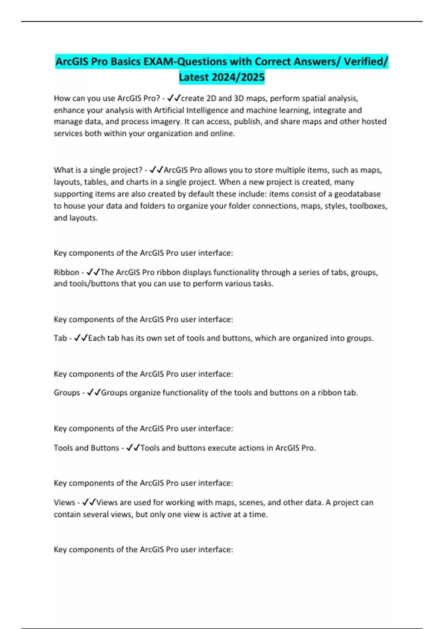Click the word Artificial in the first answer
pyautogui.click(x=169, y=110)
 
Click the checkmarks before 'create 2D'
pyautogui.click(x=174, y=98)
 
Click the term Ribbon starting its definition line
pyautogui.click(x=67, y=272)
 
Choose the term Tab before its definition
pyautogui.click(x=60, y=338)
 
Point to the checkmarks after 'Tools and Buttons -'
pyautogui.click(x=133, y=448)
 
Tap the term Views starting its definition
pyautogui.click(x=64, y=502)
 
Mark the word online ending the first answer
pyautogui.click(x=223, y=134)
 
